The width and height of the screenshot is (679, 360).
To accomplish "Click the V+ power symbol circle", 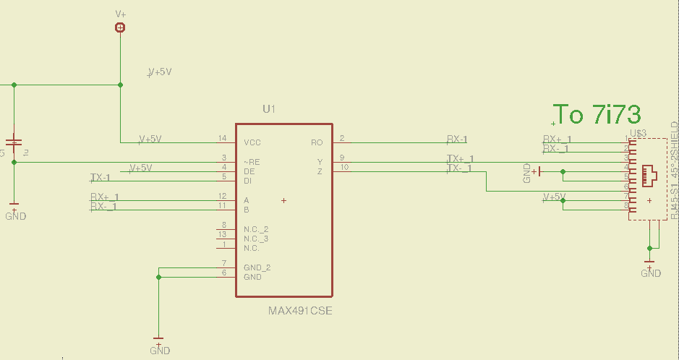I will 120,27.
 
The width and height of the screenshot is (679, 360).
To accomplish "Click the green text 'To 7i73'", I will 597,114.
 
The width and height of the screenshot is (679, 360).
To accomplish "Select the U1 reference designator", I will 269,109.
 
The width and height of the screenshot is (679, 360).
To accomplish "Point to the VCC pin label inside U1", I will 252,142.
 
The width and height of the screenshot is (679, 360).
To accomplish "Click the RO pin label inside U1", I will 316,142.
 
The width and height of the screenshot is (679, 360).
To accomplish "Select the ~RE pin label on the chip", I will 252,162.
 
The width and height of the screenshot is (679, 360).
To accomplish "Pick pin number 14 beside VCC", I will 222,138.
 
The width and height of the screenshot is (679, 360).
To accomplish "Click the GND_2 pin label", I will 257,267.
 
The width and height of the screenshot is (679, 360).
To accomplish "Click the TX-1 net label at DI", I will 101,177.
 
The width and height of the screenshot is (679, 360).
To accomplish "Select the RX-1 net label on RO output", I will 457,140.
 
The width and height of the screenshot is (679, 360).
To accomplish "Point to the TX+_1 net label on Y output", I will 460,159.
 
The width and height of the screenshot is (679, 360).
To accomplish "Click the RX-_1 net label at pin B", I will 105,207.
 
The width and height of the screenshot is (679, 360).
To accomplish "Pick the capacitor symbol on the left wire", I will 14,142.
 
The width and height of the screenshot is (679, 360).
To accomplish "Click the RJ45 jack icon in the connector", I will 650,173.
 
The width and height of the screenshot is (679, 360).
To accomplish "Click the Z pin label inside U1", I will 320,171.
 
